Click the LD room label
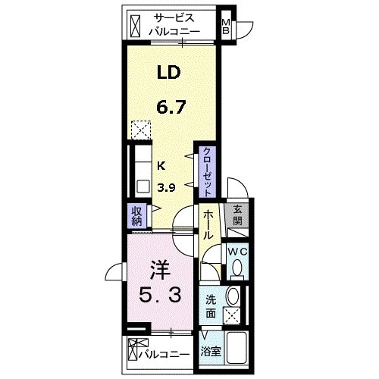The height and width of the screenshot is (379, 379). pos(169,72)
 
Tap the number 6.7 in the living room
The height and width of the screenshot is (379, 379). pos(171,107)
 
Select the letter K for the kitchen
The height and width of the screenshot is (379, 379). pos(161,166)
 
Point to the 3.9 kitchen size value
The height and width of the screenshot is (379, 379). pos(166,187)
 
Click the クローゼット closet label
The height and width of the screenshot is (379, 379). pos(207,172)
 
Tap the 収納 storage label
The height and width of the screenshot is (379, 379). pos(136,216)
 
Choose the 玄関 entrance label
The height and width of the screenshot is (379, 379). pos(237,215)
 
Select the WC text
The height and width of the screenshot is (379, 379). pos(237,252)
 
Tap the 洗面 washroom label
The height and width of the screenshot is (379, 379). pos(211,306)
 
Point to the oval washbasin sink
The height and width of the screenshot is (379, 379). pos(233,296)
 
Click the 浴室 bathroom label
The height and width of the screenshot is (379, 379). pos(211,351)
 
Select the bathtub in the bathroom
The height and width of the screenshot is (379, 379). pos(236,348)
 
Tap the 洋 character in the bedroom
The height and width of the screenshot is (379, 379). pos(160,270)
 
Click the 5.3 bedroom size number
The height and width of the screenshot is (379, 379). pos(160,296)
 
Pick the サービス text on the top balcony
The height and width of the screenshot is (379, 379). pos(174,18)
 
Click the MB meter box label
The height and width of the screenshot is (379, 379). pos(225,27)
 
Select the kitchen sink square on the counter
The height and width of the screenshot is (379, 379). pos(143,186)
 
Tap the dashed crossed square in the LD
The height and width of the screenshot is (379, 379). pos(141,130)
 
